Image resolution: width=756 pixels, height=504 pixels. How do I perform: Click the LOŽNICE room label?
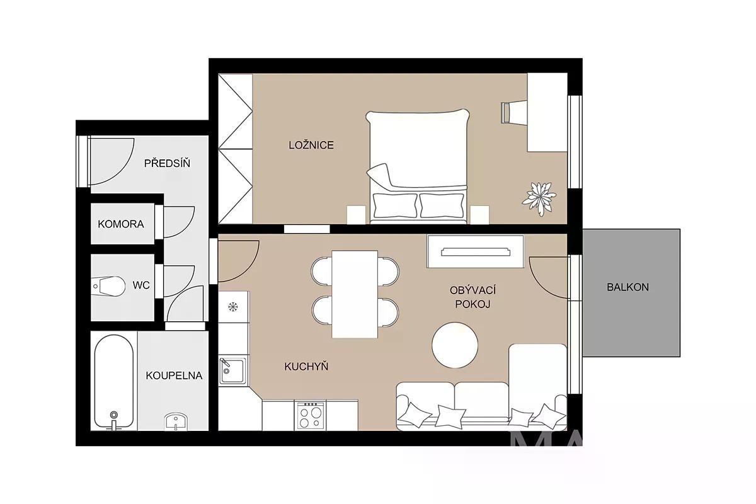point(311,145)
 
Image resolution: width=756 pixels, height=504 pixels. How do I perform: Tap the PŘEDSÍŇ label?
point(167,163)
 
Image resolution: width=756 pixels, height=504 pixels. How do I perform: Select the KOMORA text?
point(121,224)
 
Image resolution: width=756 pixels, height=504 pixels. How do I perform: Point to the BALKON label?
point(627,287)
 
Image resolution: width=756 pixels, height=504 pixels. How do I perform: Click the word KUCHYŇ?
point(306,366)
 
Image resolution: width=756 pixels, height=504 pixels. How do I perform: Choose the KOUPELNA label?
point(174,375)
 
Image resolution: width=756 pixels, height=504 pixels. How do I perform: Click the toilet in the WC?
point(108,286)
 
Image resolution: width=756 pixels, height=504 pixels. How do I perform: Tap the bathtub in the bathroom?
point(114,382)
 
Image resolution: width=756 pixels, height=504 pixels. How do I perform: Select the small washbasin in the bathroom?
point(176,421)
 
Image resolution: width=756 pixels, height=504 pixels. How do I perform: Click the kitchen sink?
point(232,371)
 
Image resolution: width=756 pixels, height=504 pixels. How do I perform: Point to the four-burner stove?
point(310,415)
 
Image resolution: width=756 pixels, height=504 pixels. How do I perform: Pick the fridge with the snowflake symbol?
point(234,307)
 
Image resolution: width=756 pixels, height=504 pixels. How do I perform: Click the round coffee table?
point(455,345)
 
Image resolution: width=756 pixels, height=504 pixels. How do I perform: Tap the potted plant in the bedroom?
point(539,198)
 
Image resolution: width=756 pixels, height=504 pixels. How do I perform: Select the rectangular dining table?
point(355,294)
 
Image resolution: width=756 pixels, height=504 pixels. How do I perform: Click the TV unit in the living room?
point(475,251)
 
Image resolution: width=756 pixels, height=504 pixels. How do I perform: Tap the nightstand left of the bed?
point(357,215)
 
